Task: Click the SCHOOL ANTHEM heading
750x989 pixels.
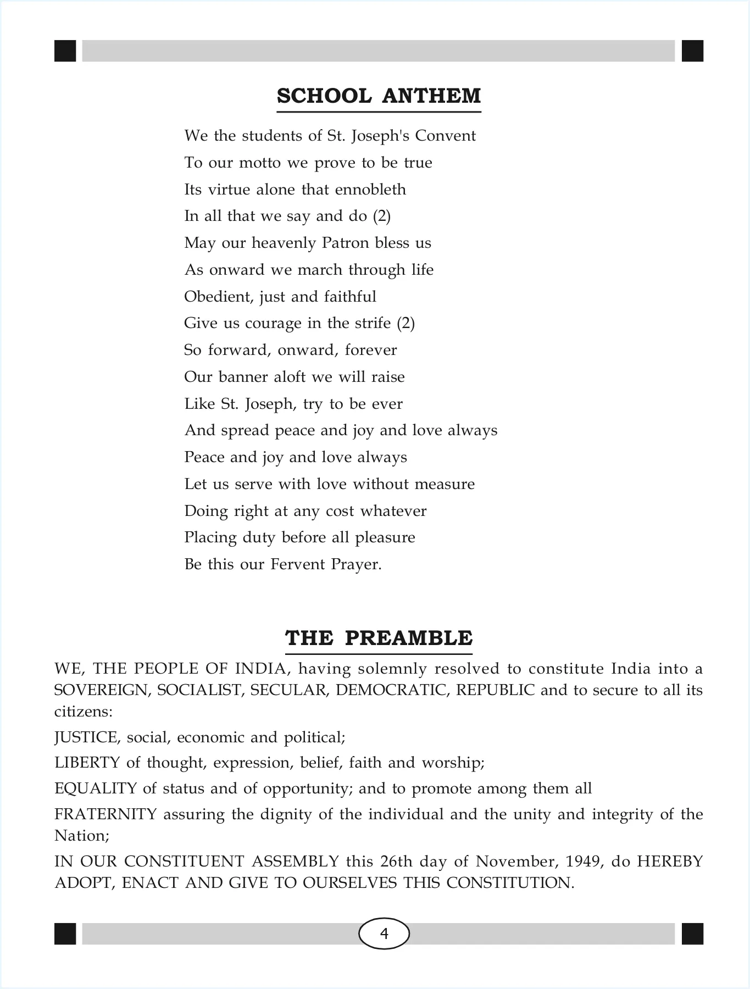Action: [x=379, y=96]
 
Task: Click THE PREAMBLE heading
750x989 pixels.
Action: [x=379, y=638]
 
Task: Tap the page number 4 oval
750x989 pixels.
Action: [x=384, y=934]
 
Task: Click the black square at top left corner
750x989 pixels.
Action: [x=65, y=51]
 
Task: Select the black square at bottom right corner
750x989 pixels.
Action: [x=692, y=934]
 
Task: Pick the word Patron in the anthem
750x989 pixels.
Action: [x=346, y=243]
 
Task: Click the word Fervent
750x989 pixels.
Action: [x=297, y=564]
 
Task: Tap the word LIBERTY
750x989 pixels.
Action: [x=87, y=763]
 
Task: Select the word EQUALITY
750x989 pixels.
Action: [x=95, y=788]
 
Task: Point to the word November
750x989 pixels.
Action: [x=512, y=861]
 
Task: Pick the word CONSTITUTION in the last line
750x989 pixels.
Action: [x=510, y=883]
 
